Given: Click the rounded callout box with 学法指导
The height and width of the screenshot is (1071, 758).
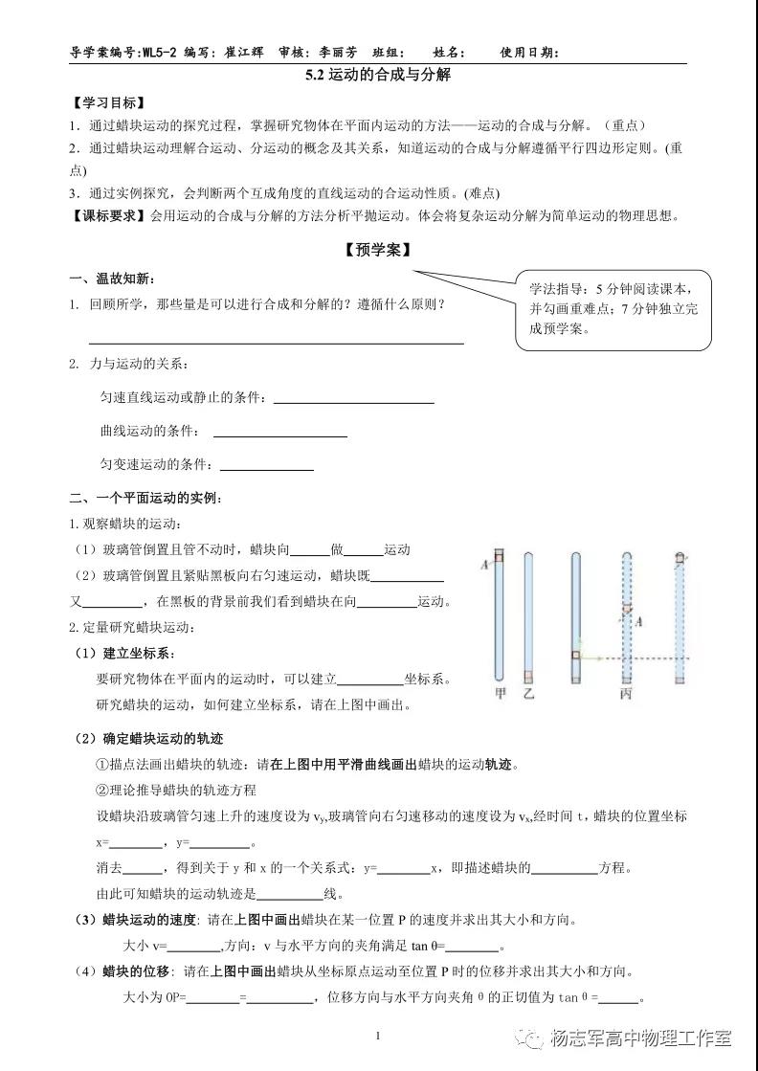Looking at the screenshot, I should [613, 308].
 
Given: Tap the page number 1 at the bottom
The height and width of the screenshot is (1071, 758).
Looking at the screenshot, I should [378, 1035].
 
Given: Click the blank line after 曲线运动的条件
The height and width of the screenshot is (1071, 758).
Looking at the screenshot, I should [279, 435].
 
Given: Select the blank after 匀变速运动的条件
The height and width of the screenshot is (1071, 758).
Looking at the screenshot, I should [267, 468].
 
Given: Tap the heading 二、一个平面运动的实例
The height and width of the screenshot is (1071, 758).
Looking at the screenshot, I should [145, 498].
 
